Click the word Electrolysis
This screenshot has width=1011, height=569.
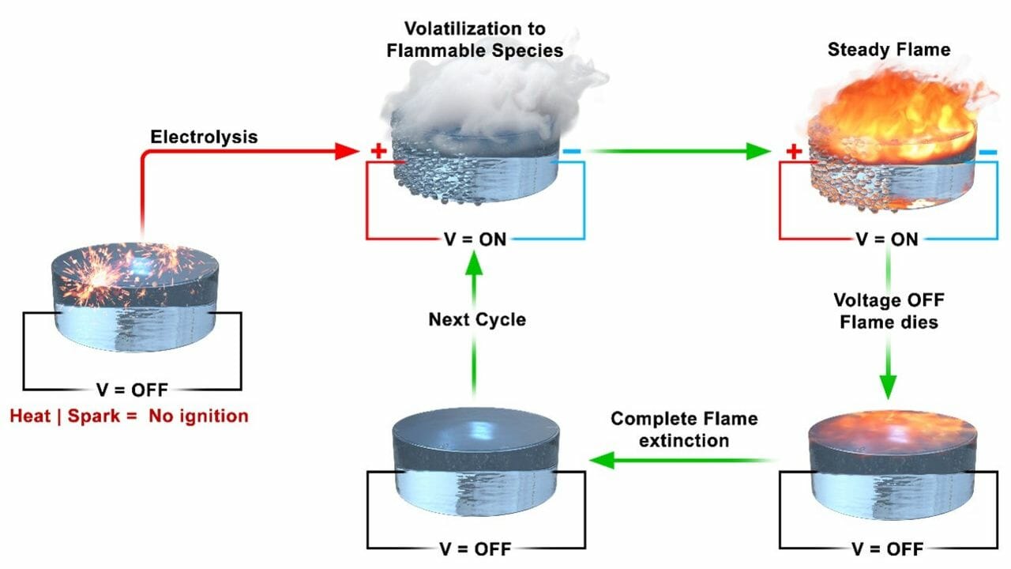point(204,137)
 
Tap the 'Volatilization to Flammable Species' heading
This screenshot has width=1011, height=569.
point(483,40)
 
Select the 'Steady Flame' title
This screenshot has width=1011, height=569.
point(889,50)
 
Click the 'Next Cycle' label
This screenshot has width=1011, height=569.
point(476,320)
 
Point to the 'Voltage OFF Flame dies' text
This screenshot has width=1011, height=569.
point(889,311)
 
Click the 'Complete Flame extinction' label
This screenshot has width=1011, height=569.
point(684,429)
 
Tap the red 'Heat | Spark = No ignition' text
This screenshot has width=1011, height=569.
point(129,416)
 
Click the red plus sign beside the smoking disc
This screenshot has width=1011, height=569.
point(379,151)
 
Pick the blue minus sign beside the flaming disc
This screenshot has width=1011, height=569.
point(987,151)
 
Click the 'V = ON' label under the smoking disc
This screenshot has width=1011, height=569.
point(475,239)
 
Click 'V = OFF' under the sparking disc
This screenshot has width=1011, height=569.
point(132,390)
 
